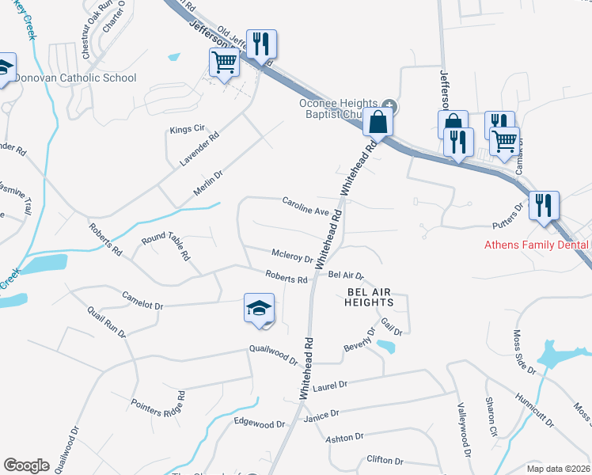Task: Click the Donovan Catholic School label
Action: [76, 78]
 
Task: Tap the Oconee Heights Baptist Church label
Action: [340, 108]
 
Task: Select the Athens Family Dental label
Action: [537, 245]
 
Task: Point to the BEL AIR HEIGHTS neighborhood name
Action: [370, 297]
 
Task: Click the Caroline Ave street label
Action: [305, 206]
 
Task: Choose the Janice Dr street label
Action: [321, 414]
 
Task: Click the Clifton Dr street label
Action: [385, 460]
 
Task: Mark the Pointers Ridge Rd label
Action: [157, 403]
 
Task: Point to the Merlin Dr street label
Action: [209, 182]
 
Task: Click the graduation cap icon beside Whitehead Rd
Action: [259, 309]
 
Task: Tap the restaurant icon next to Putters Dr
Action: [544, 206]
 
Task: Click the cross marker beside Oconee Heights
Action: [389, 106]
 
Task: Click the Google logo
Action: [26, 465]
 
